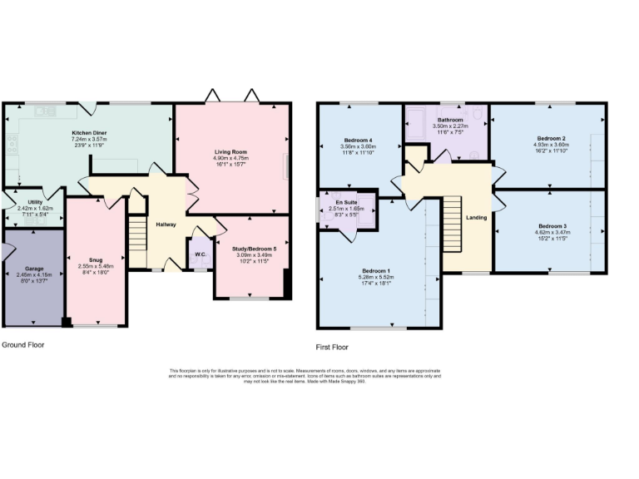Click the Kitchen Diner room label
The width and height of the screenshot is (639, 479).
pos(88,133)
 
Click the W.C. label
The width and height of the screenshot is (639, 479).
pos(201,254)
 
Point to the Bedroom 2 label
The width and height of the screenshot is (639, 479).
pos(551,138)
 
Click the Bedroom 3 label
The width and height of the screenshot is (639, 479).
pos(552,226)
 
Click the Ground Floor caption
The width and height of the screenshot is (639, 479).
pos(23,344)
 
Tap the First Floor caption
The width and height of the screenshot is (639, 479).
pos(332,347)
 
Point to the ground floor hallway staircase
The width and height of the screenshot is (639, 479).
pos(137,235)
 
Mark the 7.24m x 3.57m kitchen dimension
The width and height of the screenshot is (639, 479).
pos(88,139)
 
